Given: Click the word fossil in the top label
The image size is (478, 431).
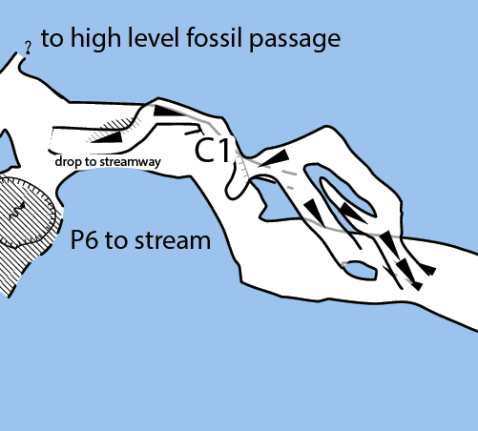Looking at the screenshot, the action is coord(215,37).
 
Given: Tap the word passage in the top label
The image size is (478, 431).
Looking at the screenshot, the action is coord(295,41).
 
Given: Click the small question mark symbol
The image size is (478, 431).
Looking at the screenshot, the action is coord(29,48).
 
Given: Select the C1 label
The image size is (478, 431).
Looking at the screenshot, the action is coord(212,150).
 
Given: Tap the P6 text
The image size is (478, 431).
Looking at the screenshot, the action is coord(84,240).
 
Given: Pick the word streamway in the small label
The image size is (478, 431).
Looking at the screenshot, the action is coord(131,162).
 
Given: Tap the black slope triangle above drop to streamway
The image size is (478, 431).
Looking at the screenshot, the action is coord(109,137).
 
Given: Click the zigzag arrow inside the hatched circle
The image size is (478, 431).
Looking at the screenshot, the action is coord(16,211).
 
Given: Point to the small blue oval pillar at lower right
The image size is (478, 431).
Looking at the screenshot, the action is coord(361,271).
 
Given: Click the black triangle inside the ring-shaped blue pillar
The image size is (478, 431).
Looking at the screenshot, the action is coord(352,213).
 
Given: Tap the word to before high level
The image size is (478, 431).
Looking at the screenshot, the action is coord(52,39).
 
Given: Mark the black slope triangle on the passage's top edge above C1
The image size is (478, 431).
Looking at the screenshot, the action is coord(168,111).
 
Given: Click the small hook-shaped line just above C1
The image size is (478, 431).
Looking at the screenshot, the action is coord(195,131).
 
